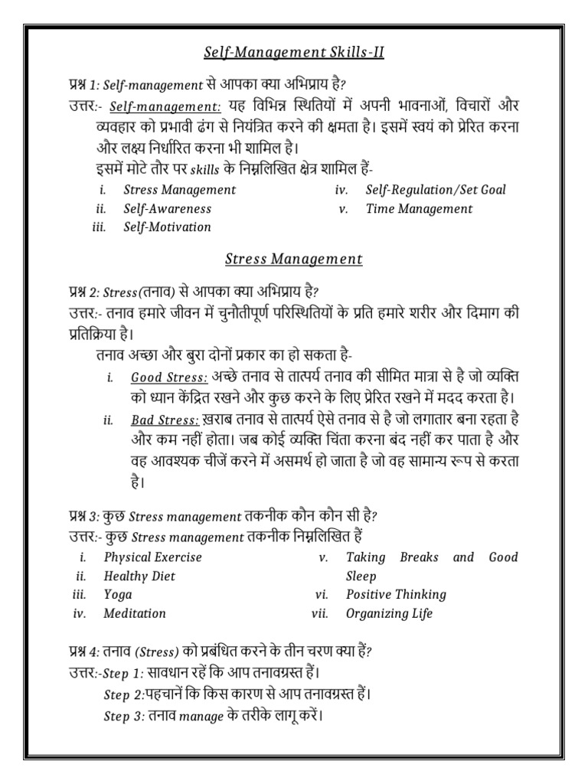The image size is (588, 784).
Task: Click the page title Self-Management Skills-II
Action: coord(294,52)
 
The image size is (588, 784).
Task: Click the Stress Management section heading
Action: coord(294,259)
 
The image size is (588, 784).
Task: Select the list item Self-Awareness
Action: coord(167,208)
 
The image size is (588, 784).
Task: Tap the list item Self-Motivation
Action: coord(167,227)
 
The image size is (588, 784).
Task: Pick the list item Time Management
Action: coord(419,208)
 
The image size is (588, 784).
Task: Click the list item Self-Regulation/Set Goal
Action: coord(436,190)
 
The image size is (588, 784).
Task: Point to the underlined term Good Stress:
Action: coord(169,377)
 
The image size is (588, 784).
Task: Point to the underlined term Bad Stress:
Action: coord(165,420)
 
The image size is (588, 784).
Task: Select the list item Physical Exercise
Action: coord(152,557)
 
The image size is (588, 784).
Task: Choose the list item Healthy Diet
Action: coord(140,576)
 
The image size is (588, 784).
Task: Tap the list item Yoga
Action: coord(118,595)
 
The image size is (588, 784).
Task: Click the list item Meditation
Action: coord(135,613)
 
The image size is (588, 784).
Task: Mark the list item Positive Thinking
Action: coord(396,595)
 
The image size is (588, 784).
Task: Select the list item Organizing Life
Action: coord(389,613)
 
